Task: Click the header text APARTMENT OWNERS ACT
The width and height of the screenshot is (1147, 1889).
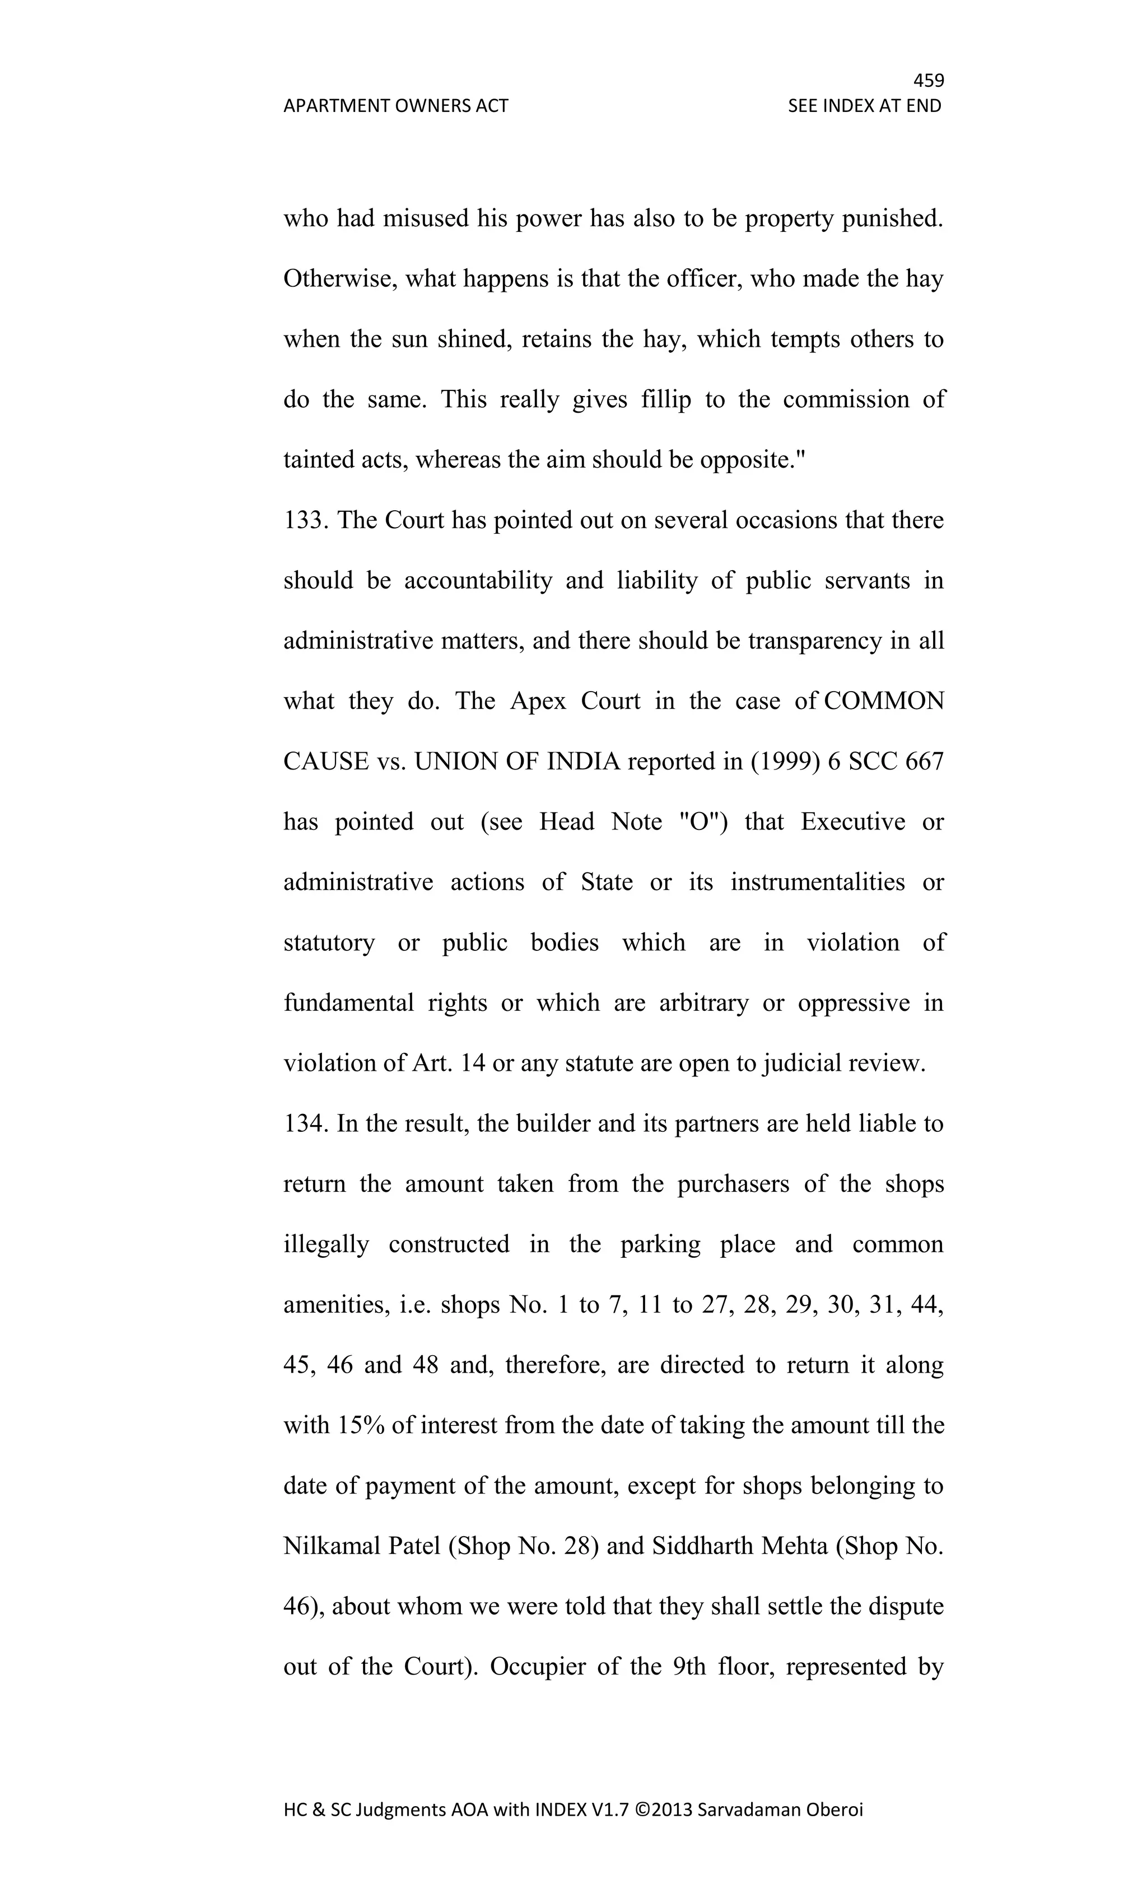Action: (395, 106)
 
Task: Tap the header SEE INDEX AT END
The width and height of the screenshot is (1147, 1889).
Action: (864, 106)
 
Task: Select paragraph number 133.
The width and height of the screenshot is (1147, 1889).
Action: (305, 520)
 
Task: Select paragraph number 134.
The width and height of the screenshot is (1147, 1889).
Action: (305, 1124)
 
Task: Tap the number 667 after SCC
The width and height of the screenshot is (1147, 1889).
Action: (924, 762)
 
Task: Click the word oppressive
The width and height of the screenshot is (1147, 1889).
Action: (854, 1004)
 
